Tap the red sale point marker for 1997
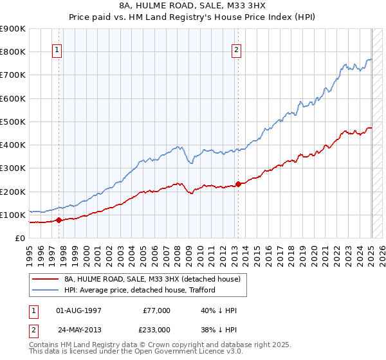59,220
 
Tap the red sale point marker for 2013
238,184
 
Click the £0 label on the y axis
21,238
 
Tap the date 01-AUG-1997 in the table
78,310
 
